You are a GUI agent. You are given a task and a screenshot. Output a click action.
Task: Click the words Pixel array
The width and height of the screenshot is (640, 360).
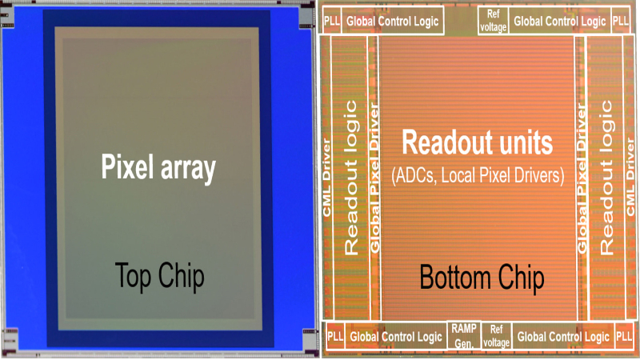[x=158, y=169]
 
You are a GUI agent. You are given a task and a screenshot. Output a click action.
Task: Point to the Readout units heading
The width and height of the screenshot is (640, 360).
[x=478, y=144]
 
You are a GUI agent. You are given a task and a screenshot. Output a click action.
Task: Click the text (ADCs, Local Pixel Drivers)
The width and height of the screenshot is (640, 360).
[x=478, y=172]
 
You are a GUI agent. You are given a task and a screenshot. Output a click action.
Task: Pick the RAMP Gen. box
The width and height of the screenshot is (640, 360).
[x=463, y=335]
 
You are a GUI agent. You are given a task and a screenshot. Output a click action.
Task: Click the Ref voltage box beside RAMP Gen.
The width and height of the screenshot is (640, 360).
[x=496, y=335]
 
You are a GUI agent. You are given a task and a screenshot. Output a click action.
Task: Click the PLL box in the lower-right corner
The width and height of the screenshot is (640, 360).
[x=623, y=337]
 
